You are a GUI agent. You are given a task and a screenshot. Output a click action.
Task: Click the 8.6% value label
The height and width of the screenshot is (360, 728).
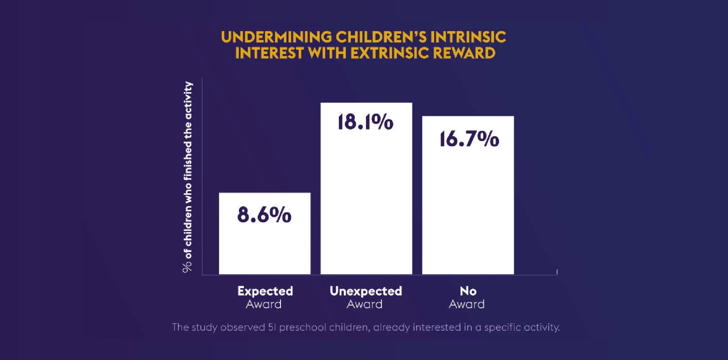point(264,215)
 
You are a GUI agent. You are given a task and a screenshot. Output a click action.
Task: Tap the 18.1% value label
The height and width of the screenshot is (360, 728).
point(366,122)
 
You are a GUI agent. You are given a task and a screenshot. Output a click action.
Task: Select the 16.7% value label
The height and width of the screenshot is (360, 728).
point(469,139)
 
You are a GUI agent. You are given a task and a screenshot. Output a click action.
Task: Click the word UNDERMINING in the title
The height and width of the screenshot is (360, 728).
point(276,37)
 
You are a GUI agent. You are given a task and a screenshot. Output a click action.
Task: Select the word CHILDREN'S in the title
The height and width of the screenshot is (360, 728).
point(381,37)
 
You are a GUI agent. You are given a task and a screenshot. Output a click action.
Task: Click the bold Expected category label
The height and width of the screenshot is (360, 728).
point(265,291)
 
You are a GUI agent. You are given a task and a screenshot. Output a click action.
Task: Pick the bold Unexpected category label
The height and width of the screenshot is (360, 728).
point(366,291)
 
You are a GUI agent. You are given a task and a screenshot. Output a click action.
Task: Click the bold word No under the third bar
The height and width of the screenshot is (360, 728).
point(468,291)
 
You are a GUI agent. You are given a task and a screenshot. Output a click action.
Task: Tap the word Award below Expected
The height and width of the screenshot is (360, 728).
point(264,304)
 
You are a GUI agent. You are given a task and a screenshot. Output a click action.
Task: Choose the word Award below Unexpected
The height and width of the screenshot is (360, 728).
point(364,304)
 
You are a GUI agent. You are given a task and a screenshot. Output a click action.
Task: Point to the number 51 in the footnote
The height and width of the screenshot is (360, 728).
point(271,327)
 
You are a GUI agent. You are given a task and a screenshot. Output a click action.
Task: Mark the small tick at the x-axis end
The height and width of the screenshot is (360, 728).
point(557,272)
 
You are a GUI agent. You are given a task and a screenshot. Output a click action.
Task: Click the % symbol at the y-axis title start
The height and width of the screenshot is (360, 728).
point(187,267)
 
